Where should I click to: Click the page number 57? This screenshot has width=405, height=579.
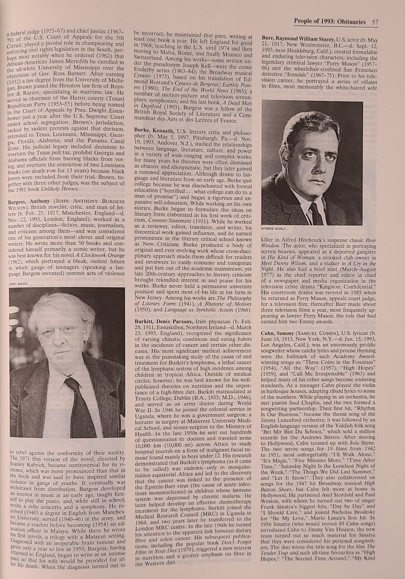(x=375, y=22)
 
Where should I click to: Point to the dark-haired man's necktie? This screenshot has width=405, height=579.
(x=315, y=211)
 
